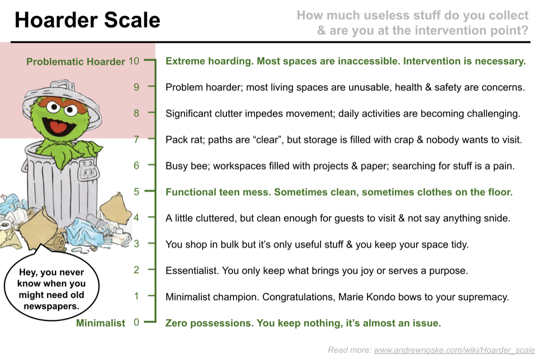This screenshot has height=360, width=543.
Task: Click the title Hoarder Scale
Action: (x=87, y=20)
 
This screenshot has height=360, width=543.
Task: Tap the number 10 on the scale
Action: (x=134, y=61)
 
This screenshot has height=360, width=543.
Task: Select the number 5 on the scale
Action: (x=136, y=192)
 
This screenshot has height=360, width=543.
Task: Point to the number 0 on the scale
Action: (x=136, y=323)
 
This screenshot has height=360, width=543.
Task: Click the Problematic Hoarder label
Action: (x=75, y=61)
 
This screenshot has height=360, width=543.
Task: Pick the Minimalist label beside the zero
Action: (x=100, y=323)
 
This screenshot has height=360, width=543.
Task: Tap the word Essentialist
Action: (x=192, y=271)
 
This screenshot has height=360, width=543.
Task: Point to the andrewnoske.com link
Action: (x=454, y=350)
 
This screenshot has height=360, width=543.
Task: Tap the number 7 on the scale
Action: (x=136, y=139)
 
